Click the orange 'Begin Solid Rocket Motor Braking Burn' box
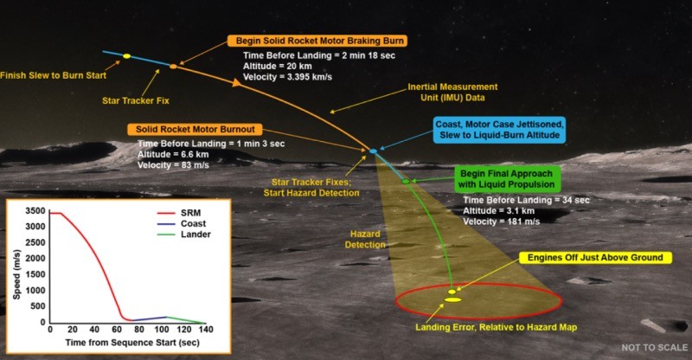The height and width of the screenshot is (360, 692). click(x=317, y=41)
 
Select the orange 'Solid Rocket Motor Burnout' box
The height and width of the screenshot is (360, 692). click(x=195, y=130)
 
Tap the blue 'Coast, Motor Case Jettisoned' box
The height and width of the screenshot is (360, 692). click(x=499, y=130)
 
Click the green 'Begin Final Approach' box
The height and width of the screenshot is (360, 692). click(x=506, y=179)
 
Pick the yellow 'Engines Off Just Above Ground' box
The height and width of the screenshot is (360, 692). click(x=595, y=258)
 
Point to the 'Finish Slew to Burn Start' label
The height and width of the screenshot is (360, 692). click(x=53, y=75)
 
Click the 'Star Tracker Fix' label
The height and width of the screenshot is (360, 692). click(x=136, y=100)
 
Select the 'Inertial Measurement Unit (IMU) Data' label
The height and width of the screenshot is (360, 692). click(x=452, y=93)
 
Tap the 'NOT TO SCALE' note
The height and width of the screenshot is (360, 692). click(x=655, y=348)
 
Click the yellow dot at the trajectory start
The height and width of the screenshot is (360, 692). click(x=126, y=56)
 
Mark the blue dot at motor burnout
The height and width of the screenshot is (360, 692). click(x=374, y=151)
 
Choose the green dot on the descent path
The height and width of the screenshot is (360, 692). click(x=405, y=182)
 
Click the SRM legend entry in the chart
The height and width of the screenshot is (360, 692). click(x=179, y=213)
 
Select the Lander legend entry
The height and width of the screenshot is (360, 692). click(x=183, y=235)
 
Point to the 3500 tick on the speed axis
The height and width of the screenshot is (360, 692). click(x=35, y=210)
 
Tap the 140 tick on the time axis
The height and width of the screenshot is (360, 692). click(x=206, y=330)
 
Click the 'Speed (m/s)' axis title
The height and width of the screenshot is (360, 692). click(x=16, y=274)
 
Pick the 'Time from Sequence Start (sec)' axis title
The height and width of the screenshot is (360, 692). click(x=132, y=343)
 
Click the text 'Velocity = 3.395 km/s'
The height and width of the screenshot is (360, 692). click(x=287, y=77)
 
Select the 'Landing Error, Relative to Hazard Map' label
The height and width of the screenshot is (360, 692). click(x=496, y=327)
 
